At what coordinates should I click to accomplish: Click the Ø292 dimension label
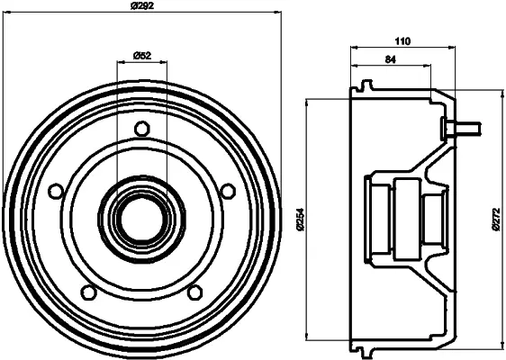[141, 5]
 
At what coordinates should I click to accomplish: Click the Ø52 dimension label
[142, 56]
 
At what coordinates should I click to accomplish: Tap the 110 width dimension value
[402, 41]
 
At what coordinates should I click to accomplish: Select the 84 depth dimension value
[391, 59]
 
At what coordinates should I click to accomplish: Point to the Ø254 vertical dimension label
[301, 219]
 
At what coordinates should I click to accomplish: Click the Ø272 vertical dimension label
[497, 219]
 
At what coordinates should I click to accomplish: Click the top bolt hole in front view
[142, 129]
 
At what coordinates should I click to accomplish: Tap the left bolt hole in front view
[56, 191]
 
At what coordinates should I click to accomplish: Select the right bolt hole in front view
[228, 191]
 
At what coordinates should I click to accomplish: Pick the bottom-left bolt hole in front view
[89, 292]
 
